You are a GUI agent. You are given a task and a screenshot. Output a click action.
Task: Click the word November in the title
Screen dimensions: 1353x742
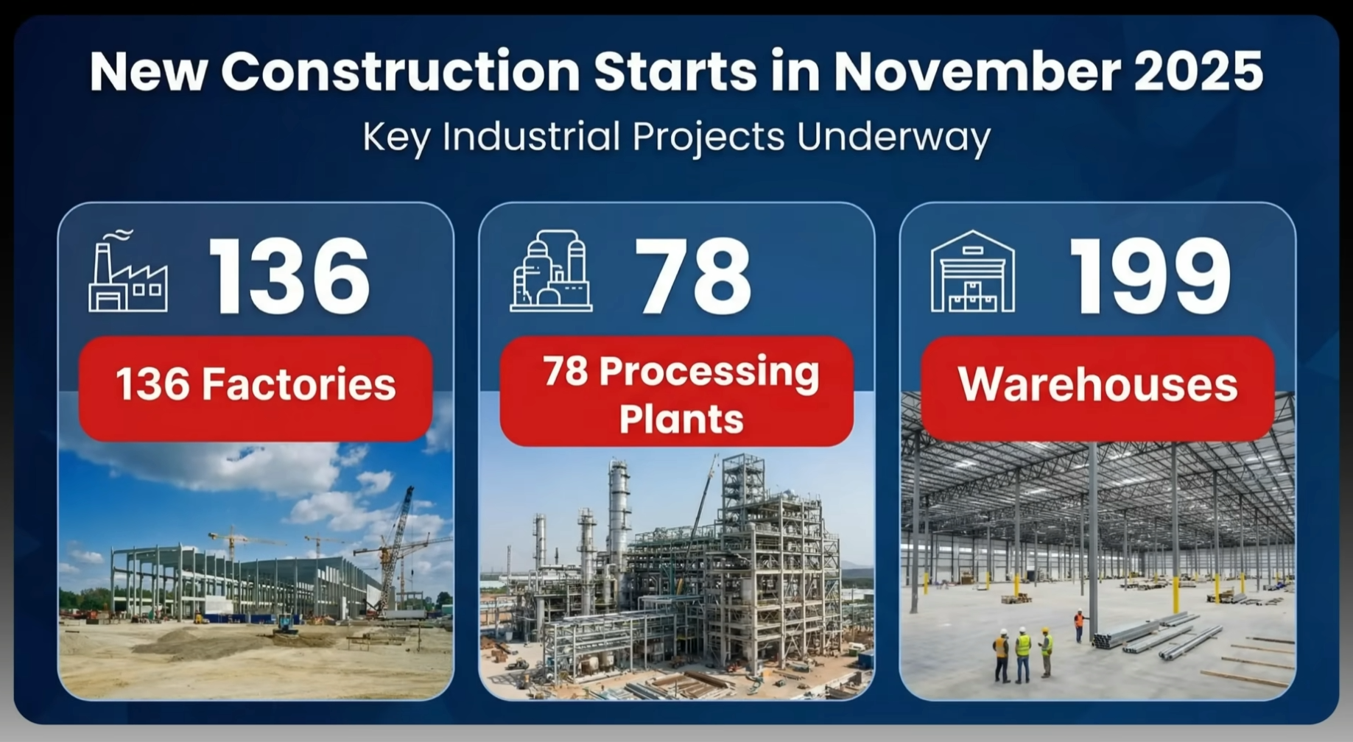(977, 71)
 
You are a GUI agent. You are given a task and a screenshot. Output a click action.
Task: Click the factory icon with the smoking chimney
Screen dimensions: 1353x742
(128, 270)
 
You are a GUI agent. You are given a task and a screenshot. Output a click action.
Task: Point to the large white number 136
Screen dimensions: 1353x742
(289, 278)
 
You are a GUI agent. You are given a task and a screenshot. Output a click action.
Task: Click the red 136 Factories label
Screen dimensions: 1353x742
(256, 388)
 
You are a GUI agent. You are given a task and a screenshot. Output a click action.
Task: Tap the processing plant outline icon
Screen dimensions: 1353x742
(550, 270)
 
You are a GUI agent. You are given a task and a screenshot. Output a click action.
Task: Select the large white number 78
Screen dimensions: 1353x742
(693, 278)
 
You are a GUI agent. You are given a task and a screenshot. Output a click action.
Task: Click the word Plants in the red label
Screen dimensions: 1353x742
(681, 419)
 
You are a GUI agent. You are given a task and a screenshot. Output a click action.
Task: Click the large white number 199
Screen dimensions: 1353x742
(1150, 278)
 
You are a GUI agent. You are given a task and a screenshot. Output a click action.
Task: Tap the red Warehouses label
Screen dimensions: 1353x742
(1097, 388)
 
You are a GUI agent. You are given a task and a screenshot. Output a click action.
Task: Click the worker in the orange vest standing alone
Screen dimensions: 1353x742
(1080, 626)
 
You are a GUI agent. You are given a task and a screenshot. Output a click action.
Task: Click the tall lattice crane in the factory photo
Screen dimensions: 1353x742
(398, 548)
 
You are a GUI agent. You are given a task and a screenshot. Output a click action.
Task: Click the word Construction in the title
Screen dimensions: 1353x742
(401, 71)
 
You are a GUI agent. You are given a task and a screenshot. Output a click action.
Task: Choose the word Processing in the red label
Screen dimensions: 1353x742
(709, 373)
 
